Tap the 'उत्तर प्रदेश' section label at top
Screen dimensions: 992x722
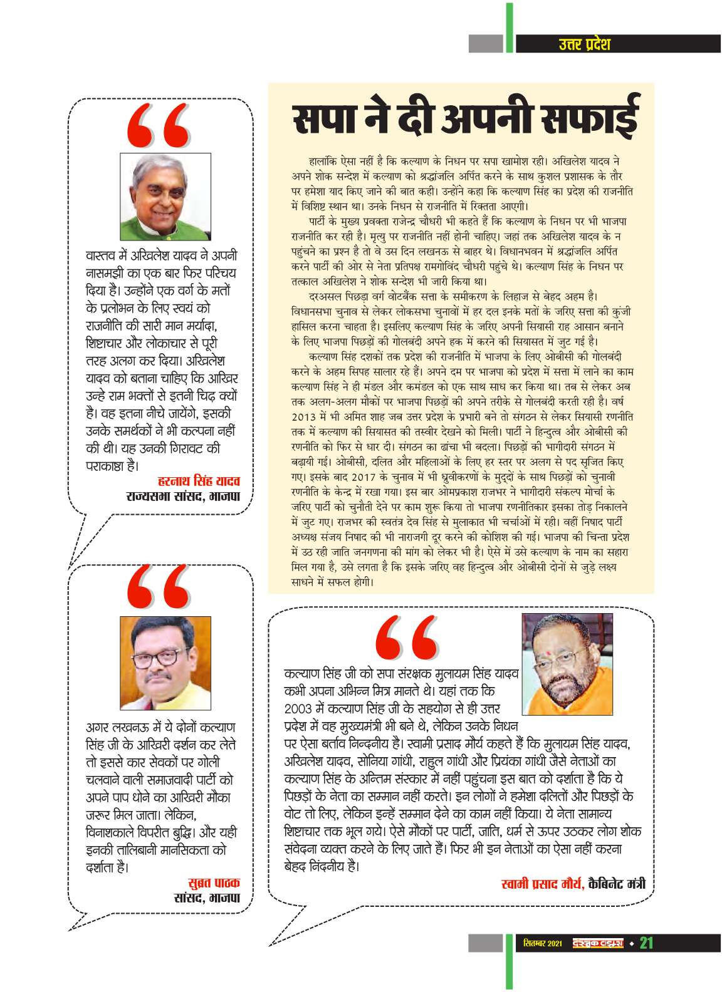tap(583, 44)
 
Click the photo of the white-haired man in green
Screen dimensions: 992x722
tap(165, 197)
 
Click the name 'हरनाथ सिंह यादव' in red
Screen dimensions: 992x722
tap(199, 482)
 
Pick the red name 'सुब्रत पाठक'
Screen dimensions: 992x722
tap(214, 883)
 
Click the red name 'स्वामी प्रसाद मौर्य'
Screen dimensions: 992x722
tap(543, 884)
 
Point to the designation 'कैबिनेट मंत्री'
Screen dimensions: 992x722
tap(617, 884)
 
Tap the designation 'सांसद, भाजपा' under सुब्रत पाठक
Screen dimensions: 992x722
tap(206, 898)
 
